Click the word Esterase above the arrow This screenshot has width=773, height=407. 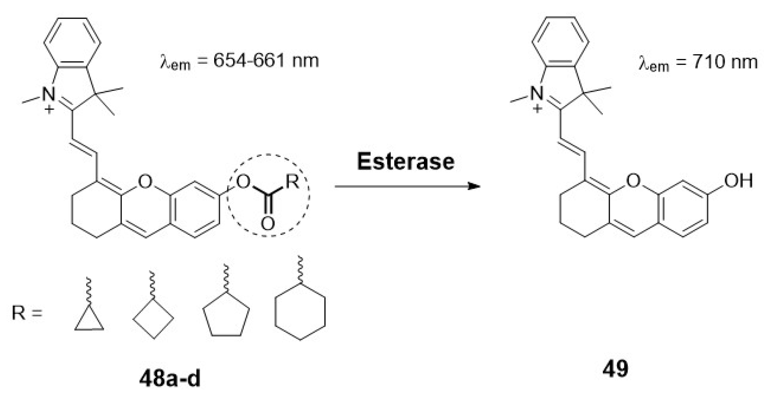tap(405, 161)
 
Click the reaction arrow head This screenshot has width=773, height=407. tap(474, 186)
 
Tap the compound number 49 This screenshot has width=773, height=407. tap(615, 368)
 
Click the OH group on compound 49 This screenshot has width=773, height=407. tap(739, 181)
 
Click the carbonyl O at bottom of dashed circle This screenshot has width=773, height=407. tap(268, 224)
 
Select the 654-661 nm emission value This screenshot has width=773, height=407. tap(266, 61)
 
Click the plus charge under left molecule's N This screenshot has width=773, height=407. tap(50, 109)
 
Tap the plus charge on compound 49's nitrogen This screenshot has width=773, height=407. tap(537, 108)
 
